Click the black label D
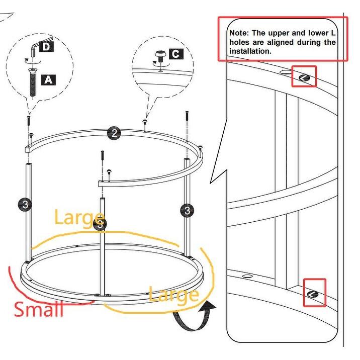click(x=46, y=47)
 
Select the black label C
click(x=176, y=54)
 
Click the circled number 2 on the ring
click(x=114, y=133)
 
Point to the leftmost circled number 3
click(x=26, y=204)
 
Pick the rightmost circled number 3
click(x=188, y=210)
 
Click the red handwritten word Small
click(x=39, y=308)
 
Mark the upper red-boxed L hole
click(x=305, y=77)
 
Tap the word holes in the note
click(x=239, y=42)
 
